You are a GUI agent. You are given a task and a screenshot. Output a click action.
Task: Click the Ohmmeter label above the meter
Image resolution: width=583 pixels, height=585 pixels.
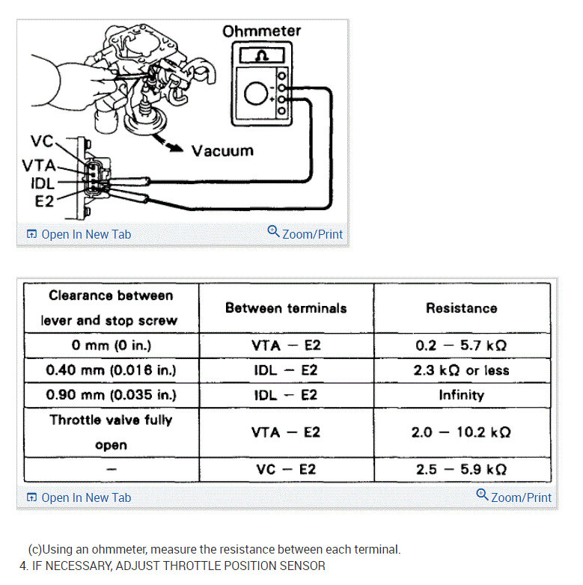(x=261, y=31)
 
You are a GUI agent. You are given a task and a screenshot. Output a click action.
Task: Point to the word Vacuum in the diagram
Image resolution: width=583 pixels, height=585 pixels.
(x=222, y=150)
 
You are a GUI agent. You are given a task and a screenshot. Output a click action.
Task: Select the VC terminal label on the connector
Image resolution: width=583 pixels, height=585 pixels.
(x=42, y=141)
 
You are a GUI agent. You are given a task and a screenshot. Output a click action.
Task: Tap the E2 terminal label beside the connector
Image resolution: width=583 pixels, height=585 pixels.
(x=45, y=200)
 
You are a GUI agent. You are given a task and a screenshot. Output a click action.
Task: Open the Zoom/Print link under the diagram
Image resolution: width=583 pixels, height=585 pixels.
(x=305, y=233)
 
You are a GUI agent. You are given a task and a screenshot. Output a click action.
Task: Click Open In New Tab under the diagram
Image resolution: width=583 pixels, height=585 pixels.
(x=79, y=234)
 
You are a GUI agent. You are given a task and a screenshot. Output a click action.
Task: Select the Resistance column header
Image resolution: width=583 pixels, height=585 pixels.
(x=461, y=307)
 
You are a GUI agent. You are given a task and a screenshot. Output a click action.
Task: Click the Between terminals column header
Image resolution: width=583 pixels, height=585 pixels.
(x=286, y=307)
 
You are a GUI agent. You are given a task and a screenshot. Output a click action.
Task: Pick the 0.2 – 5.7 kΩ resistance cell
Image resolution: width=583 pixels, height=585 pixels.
(x=461, y=346)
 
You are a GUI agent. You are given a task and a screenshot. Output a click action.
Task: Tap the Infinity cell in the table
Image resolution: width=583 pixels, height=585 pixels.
(x=461, y=395)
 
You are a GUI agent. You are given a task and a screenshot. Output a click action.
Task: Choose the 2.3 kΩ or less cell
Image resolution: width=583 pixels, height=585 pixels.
(x=461, y=370)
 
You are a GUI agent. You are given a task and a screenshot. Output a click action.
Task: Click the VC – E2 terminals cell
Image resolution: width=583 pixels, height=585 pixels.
(x=286, y=469)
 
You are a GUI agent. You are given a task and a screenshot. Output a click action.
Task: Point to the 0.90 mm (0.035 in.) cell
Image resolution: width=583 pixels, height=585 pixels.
(x=111, y=395)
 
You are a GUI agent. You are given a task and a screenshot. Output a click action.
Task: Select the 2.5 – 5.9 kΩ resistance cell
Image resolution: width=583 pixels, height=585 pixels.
(x=461, y=469)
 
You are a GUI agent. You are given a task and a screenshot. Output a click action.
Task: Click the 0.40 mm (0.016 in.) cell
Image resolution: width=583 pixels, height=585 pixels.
(x=111, y=370)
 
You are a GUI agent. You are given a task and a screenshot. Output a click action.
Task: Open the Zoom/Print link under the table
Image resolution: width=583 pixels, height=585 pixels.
(x=514, y=497)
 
